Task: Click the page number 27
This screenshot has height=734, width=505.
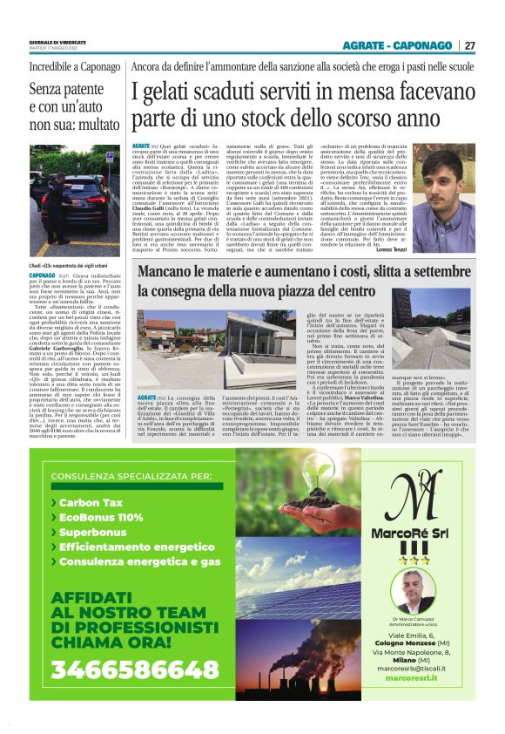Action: pyautogui.click(x=469, y=45)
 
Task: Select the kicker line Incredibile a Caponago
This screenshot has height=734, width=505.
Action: pyautogui.click(x=63, y=67)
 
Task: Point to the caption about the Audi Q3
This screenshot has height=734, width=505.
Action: pyautogui.click(x=61, y=263)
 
